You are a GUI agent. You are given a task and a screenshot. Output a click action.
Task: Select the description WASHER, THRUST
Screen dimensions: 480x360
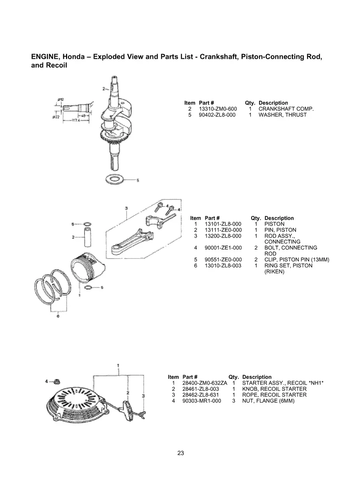point(283,115)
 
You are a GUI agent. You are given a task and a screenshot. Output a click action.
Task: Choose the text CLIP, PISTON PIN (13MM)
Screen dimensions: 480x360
point(296,260)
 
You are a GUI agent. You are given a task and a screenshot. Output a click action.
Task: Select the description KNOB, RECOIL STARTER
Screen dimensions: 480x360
point(274,389)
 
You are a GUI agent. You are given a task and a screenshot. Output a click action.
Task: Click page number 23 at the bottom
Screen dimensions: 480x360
point(180,453)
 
